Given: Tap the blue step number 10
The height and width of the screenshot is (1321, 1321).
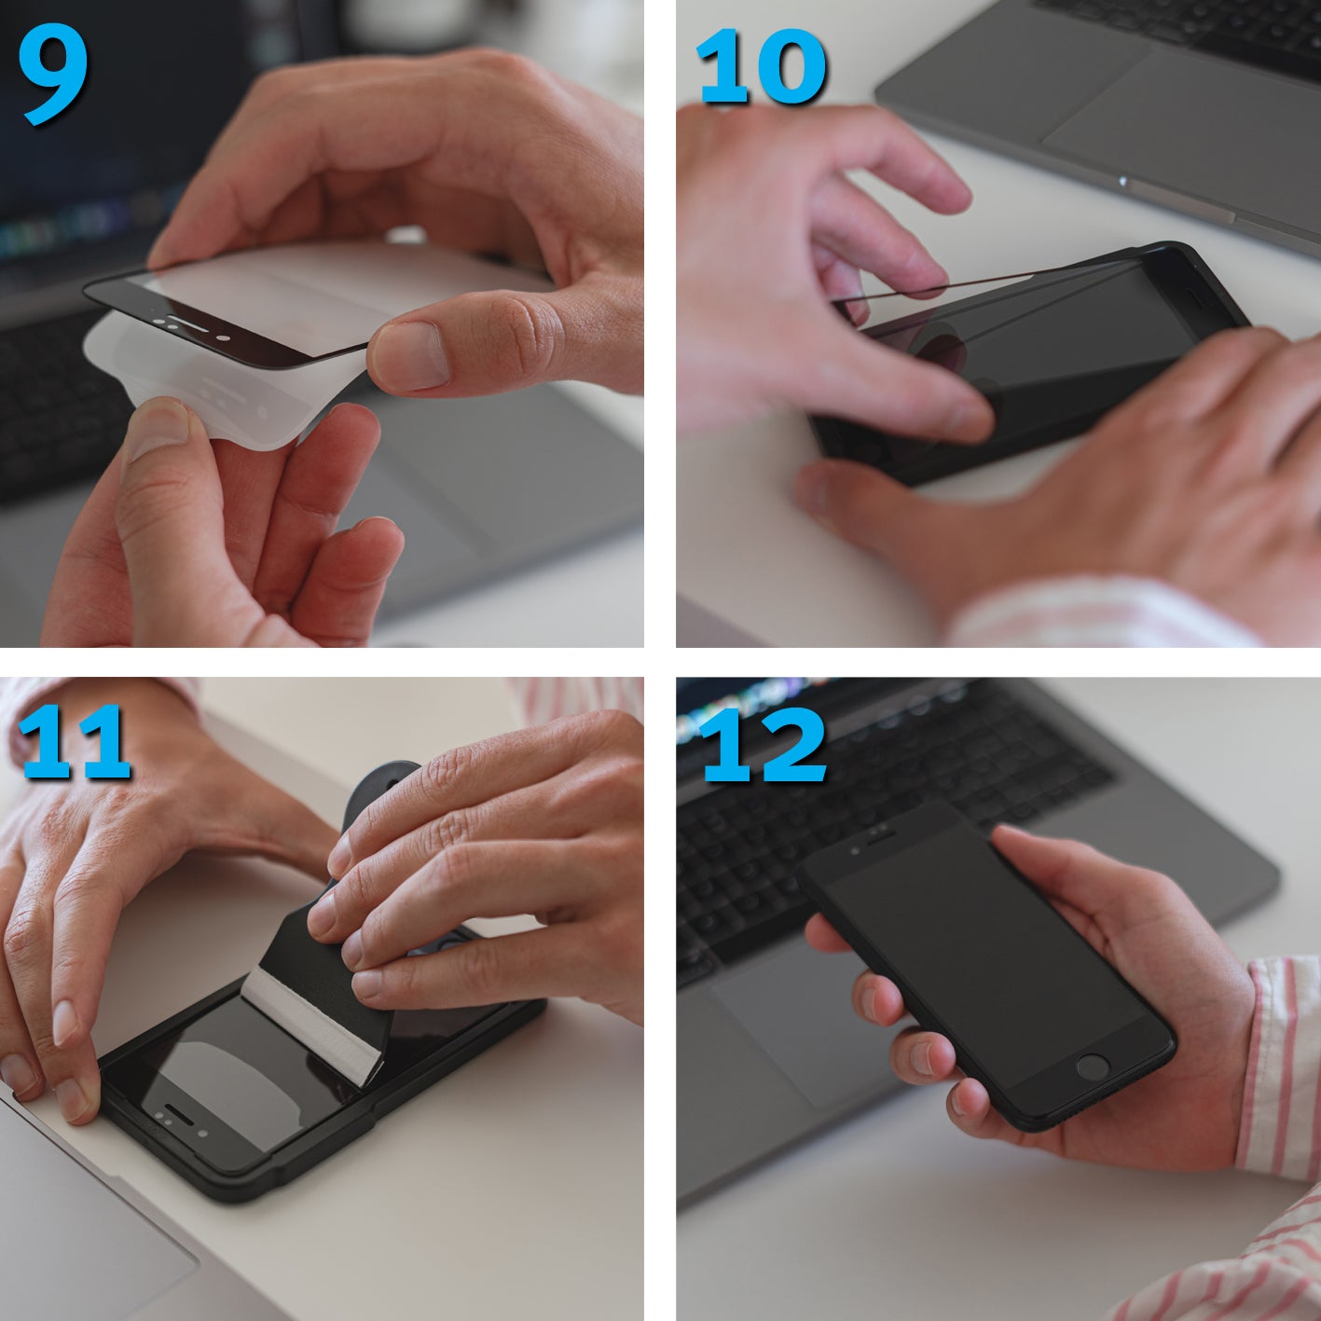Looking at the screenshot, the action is coord(761,66).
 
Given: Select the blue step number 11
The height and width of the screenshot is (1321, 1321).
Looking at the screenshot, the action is coord(75,743).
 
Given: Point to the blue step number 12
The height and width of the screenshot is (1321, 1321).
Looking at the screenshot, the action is coord(763,745).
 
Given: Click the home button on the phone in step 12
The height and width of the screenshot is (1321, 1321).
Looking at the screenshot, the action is coord(1092,1066).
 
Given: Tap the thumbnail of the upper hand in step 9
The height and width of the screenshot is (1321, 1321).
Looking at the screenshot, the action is coord(409,356).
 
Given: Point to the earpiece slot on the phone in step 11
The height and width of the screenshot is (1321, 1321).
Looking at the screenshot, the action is coord(180,1111).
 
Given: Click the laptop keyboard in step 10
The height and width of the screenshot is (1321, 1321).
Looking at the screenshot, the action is coord(1179,27).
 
